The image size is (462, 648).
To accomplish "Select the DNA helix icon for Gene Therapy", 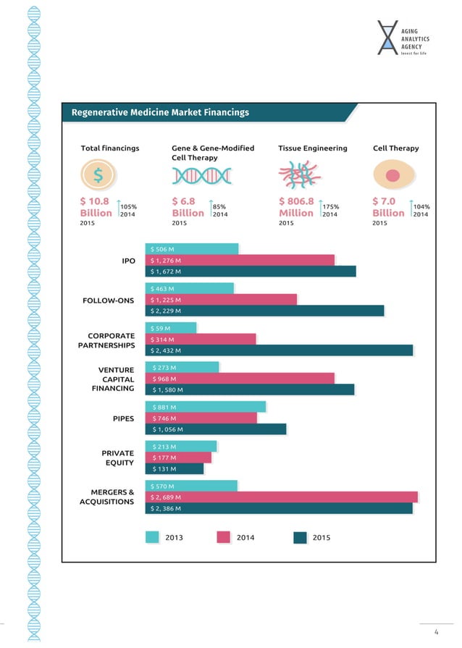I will [201, 175].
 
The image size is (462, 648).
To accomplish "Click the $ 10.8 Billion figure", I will [96, 207].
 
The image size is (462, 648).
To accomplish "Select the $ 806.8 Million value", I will [296, 207].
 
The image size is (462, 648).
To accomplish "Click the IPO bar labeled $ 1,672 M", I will [251, 272].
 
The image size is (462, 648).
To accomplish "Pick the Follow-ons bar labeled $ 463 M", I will [190, 288].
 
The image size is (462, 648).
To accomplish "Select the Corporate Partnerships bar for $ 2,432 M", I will [279, 350].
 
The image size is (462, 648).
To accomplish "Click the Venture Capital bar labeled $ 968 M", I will [240, 379].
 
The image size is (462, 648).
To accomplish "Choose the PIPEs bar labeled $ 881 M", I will [206, 407].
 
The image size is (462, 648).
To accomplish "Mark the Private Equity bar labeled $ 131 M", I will [175, 468].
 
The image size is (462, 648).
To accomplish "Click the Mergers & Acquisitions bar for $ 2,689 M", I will [282, 497].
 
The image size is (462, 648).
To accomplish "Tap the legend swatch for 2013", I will [153, 537].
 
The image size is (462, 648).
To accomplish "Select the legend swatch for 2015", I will [301, 537].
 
